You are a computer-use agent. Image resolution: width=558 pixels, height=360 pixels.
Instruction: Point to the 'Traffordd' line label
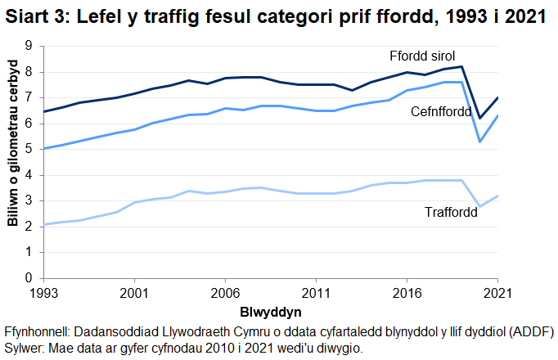451,213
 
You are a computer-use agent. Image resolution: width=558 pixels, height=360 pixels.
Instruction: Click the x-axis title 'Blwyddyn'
269,313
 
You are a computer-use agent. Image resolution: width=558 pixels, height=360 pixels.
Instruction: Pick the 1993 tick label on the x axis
44,292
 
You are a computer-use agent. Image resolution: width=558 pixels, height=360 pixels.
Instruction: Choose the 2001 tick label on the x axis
134,292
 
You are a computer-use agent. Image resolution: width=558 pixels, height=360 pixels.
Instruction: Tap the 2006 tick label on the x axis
225,292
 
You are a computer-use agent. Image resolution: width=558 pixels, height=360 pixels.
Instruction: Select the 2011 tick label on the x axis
316,292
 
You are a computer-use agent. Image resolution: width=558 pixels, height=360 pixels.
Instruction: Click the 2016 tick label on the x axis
407,292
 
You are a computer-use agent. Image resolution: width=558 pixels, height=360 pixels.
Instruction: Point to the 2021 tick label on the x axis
497,292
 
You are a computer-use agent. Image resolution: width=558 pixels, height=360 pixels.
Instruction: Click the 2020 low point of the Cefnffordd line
480,142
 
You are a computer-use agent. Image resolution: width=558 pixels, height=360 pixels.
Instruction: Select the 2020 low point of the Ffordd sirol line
480,118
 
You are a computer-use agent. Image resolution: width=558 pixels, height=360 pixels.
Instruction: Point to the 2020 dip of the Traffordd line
480,206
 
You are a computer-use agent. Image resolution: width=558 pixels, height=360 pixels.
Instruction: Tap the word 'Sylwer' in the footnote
25,348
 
